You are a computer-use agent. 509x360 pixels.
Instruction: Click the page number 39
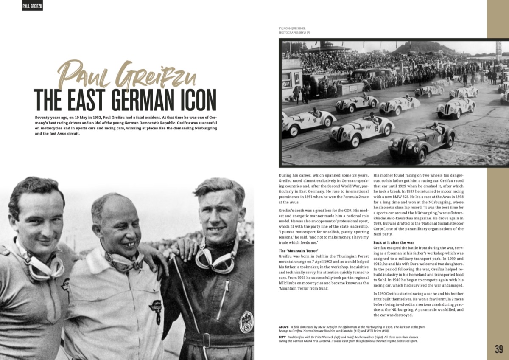coord(499,349)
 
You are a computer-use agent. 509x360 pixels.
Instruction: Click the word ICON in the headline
coord(196,100)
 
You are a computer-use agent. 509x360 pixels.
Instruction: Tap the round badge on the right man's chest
coord(246,321)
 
